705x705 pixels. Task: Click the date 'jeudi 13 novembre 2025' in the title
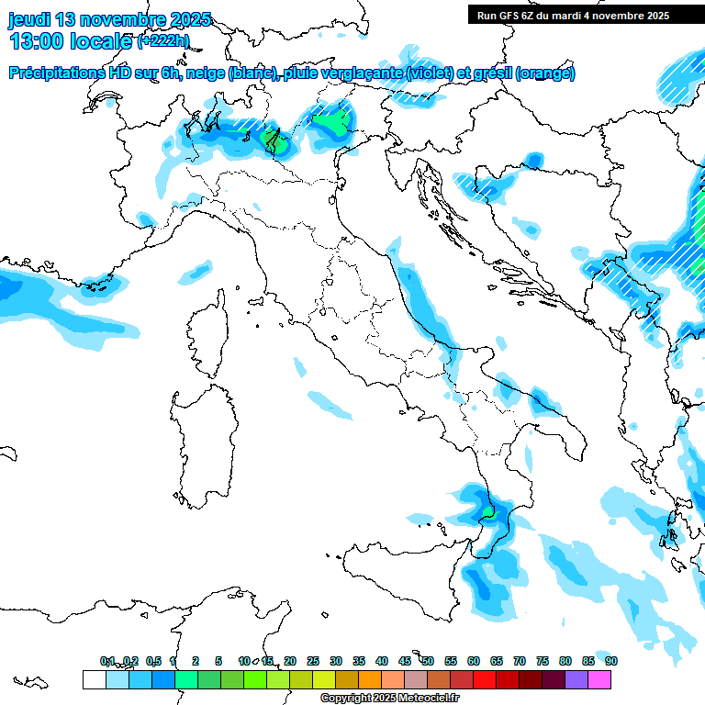tap(109, 19)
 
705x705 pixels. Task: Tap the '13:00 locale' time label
tap(70, 41)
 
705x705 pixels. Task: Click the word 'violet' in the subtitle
tap(431, 73)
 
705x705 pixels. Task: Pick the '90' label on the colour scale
tap(610, 661)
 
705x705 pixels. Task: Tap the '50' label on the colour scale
tap(428, 661)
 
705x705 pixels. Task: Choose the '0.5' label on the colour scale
tap(153, 661)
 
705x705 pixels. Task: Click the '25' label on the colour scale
tap(313, 661)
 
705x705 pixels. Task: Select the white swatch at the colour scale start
tap(94, 679)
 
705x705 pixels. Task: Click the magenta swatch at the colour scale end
tap(599, 679)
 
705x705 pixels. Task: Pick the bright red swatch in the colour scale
tap(485, 679)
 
